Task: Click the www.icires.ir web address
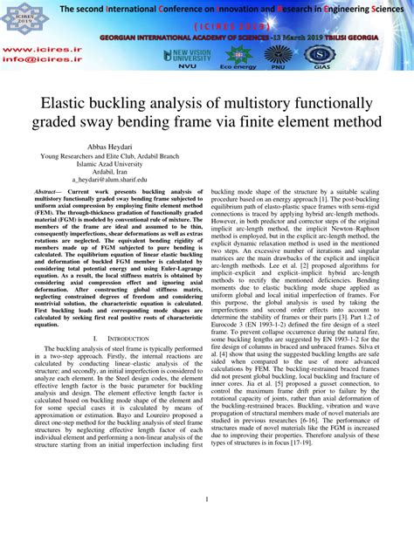click(x=27, y=51)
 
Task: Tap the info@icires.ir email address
click(x=29, y=62)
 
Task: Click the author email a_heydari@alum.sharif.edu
click(x=111, y=178)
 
